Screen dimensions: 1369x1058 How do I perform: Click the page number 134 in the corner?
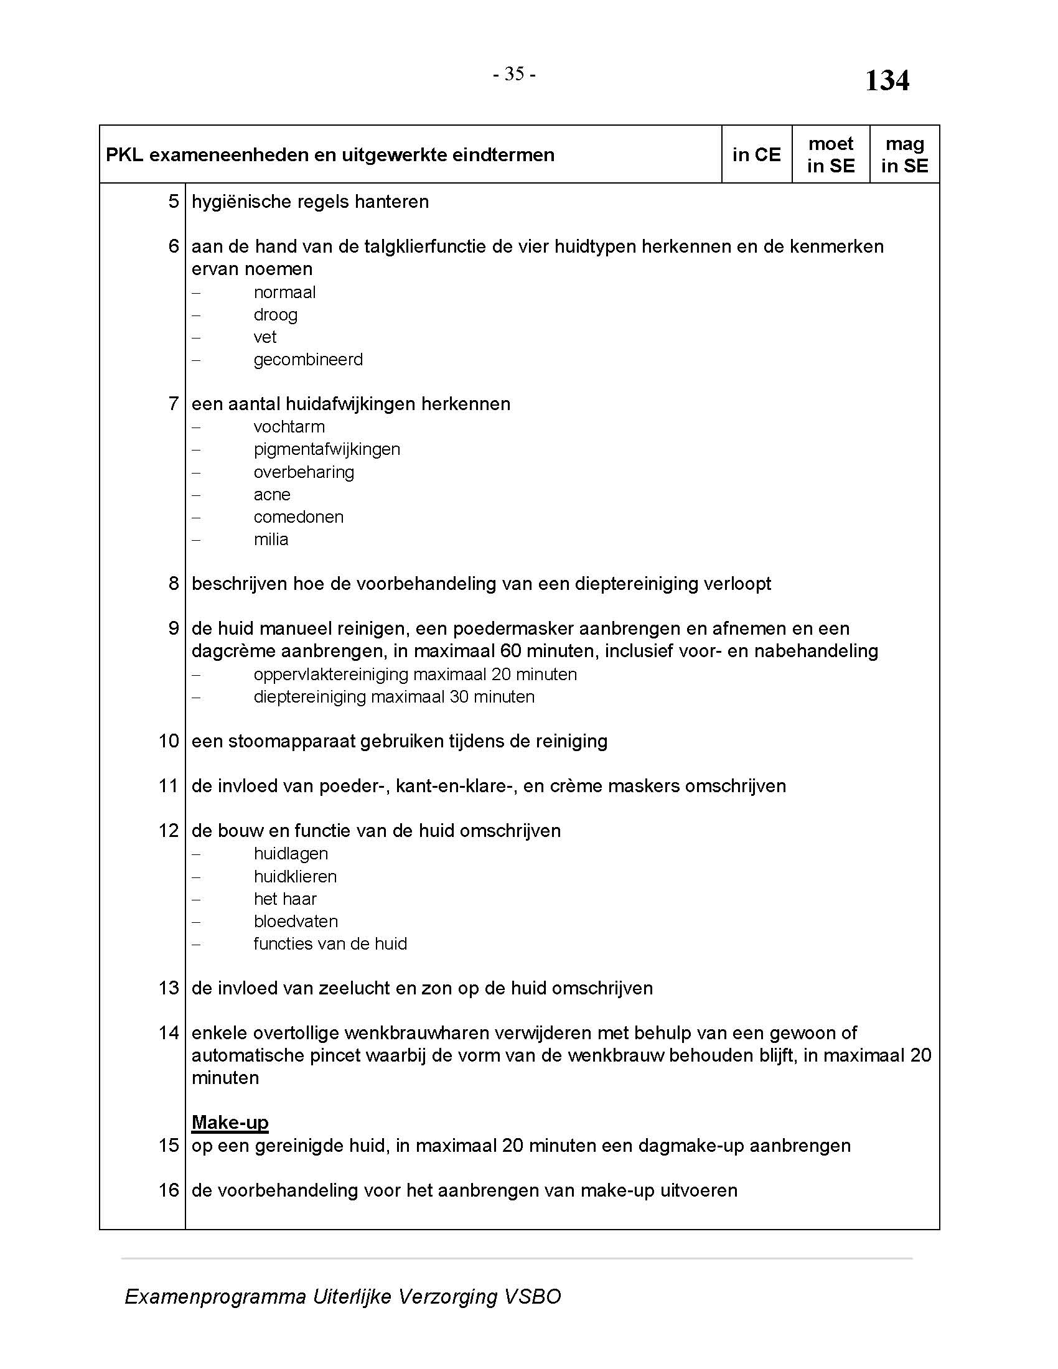point(886,81)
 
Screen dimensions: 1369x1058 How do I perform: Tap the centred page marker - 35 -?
point(514,74)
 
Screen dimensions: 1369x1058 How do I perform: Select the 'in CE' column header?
point(757,155)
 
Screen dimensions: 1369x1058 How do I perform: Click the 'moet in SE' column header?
point(830,155)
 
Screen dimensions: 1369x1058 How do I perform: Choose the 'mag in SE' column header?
point(904,155)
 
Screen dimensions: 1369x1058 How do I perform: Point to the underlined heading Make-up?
point(230,1122)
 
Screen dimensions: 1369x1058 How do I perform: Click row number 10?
point(169,741)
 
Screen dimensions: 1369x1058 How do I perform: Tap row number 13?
point(169,988)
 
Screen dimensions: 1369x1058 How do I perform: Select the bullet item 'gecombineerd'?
point(307,360)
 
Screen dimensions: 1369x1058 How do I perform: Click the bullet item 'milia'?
point(271,540)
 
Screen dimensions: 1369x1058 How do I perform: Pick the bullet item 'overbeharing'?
point(303,472)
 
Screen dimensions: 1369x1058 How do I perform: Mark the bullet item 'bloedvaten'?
point(295,922)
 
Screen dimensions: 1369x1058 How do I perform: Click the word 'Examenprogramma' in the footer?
point(215,1296)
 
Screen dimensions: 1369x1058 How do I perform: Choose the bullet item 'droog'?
point(275,315)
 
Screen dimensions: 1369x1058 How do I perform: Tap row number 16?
point(169,1190)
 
